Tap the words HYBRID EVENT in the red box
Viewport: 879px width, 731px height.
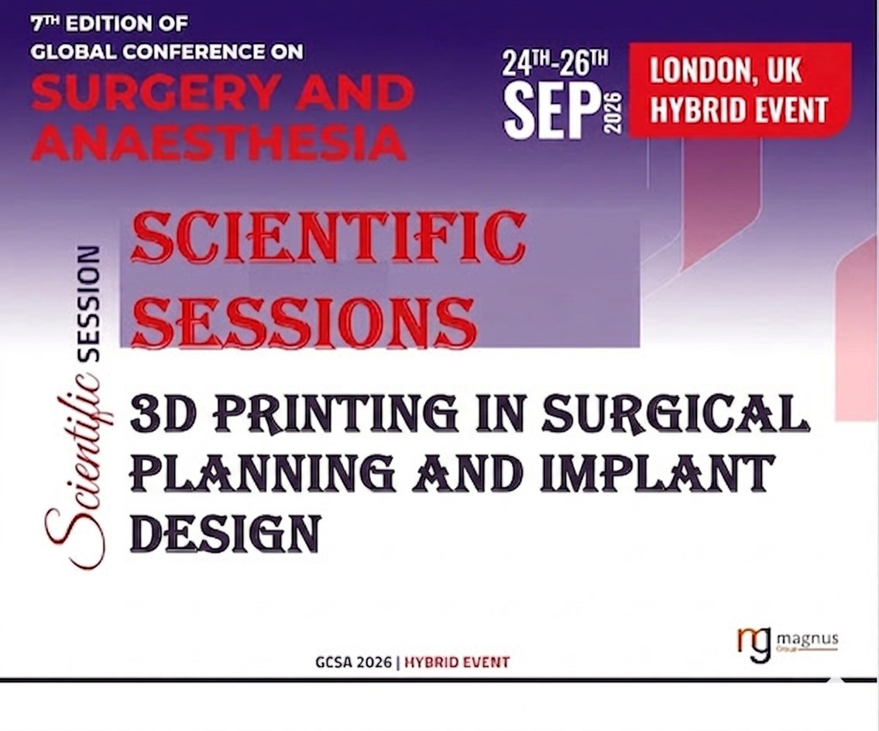point(738,109)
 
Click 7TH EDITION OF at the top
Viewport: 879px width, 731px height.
point(108,24)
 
